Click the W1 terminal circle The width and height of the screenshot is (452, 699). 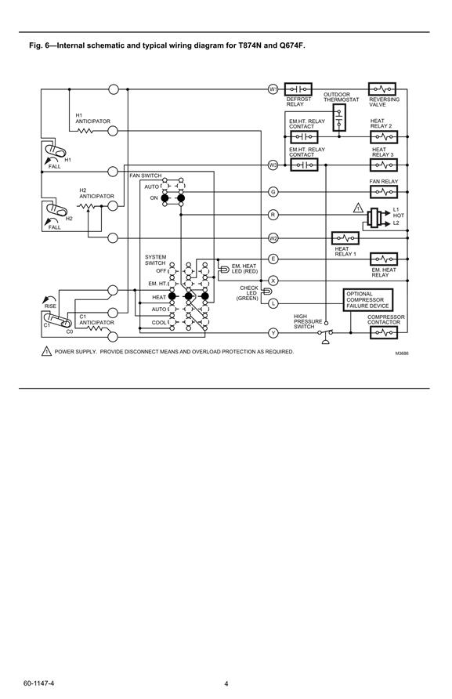click(x=273, y=89)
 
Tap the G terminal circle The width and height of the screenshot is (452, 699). click(x=273, y=192)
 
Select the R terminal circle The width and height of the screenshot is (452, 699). click(x=273, y=215)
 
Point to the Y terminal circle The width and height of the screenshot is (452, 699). click(x=273, y=333)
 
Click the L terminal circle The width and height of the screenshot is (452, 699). click(x=273, y=303)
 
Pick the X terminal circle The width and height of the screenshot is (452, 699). click(x=273, y=281)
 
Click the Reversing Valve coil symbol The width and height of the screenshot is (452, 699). click(x=382, y=89)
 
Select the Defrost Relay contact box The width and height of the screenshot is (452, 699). click(x=298, y=89)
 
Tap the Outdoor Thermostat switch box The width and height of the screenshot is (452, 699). click(x=339, y=118)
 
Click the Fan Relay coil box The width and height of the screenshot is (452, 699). click(x=384, y=192)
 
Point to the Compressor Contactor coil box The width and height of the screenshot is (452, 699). click(x=384, y=332)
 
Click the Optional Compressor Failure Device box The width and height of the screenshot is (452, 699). click(x=367, y=299)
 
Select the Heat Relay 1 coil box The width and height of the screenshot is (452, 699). click(x=345, y=238)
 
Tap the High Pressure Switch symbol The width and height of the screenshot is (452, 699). click(x=327, y=332)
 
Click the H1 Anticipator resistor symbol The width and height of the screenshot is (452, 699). click(x=85, y=131)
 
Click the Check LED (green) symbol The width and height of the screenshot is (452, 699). click(x=266, y=292)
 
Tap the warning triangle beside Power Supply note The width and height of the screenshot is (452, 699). click(x=47, y=351)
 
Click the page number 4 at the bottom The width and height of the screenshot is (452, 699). click(x=226, y=684)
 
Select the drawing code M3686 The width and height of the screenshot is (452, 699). click(x=402, y=353)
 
